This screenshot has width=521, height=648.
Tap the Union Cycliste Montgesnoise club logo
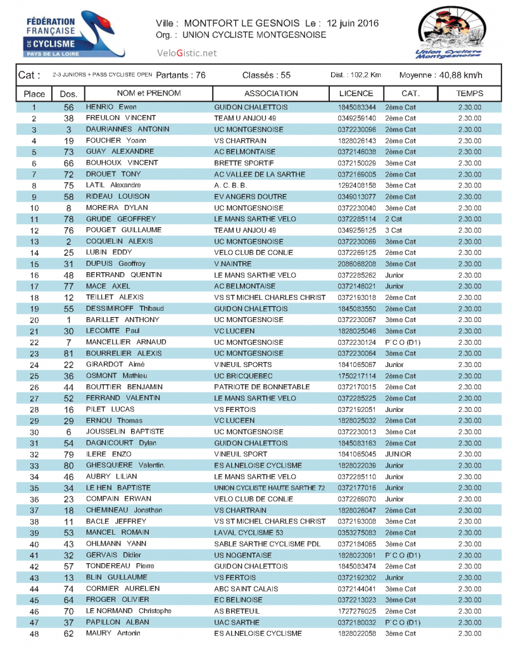click(x=448, y=33)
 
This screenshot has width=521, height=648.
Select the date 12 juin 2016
click(x=351, y=23)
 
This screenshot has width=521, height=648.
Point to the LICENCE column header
click(x=356, y=94)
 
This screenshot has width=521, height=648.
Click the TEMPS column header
click(x=469, y=94)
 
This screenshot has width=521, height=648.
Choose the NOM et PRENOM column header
click(x=149, y=94)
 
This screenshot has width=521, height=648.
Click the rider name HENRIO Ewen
click(x=111, y=108)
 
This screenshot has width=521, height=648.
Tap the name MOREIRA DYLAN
click(x=116, y=208)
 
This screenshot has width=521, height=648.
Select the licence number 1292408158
click(x=356, y=185)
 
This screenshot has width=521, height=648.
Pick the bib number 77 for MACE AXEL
click(x=69, y=286)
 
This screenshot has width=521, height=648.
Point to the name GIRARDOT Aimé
click(x=115, y=364)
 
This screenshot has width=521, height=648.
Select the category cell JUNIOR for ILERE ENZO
click(x=398, y=454)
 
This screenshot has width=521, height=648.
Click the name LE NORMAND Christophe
click(x=129, y=611)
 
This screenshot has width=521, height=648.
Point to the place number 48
click(x=34, y=633)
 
